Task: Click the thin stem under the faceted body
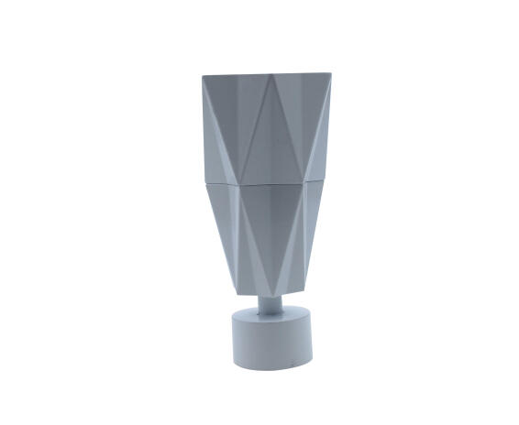pyautogui.click(x=272, y=305)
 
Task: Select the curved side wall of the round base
pyautogui.click(x=272, y=347)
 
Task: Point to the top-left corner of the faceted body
pyautogui.click(x=204, y=77)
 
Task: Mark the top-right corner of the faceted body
pyautogui.click(x=329, y=73)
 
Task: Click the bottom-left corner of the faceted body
pyautogui.click(x=237, y=292)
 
